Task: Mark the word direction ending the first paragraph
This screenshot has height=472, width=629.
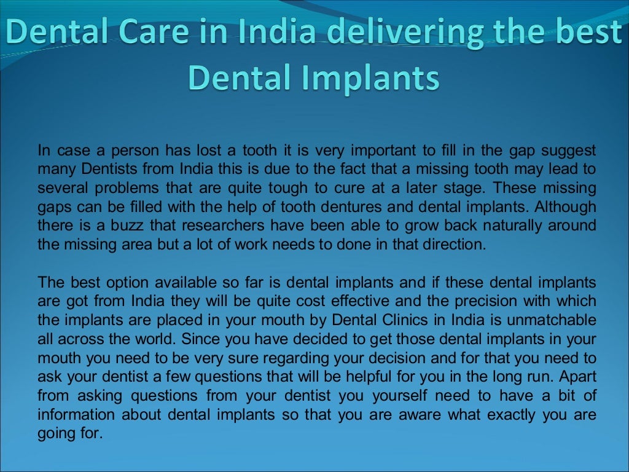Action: [452, 244]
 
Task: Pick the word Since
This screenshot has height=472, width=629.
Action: [199, 339]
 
